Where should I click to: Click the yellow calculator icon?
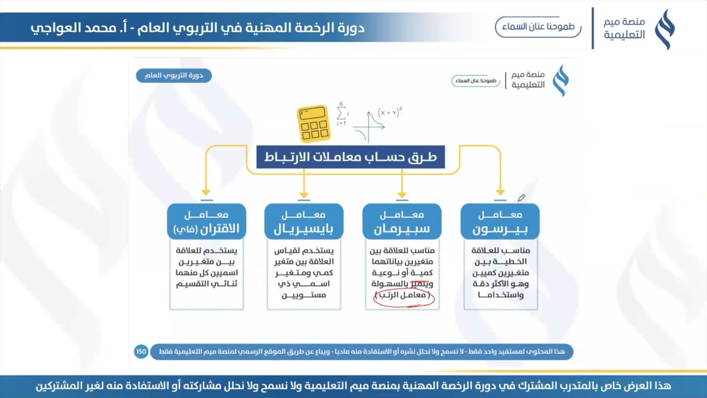pyautogui.click(x=313, y=123)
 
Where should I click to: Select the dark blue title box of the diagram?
pyautogui.click(x=351, y=157)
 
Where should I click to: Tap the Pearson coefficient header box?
pyautogui.click(x=500, y=222)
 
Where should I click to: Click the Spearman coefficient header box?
pyautogui.click(x=402, y=222)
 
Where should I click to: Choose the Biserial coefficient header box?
pyautogui.click(x=304, y=222)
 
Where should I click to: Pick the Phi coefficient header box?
pyautogui.click(x=207, y=222)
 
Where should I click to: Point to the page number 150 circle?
pyautogui.click(x=141, y=351)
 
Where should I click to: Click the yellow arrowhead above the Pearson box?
pyautogui.click(x=500, y=193)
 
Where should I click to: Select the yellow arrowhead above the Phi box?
pyautogui.click(x=207, y=193)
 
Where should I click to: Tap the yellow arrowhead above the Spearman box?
pyautogui.click(x=402, y=193)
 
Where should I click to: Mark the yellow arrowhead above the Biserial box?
pyautogui.click(x=304, y=193)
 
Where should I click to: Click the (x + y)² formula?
pyautogui.click(x=389, y=113)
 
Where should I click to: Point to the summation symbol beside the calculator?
pyautogui.click(x=342, y=113)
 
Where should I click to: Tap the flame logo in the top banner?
pyautogui.click(x=664, y=29)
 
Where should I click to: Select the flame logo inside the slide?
pyautogui.click(x=561, y=81)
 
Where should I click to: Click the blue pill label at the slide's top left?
pyautogui.click(x=173, y=76)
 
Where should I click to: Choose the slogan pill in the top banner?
pyautogui.click(x=538, y=27)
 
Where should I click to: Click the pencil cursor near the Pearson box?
pyautogui.click(x=520, y=198)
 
